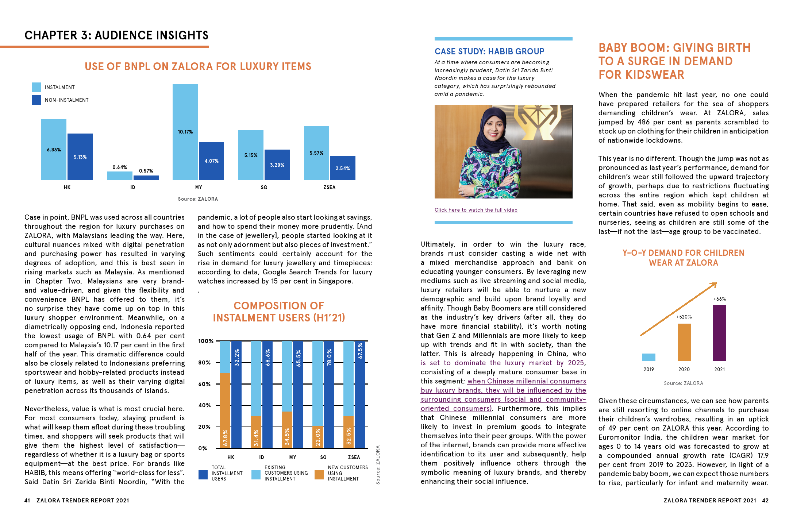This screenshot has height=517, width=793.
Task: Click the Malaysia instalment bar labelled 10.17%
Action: pos(185,132)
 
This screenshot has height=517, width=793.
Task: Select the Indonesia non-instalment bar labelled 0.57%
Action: pos(146,178)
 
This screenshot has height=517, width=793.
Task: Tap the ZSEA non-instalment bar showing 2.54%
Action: pos(343,168)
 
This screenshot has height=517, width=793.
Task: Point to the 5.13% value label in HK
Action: pos(80,157)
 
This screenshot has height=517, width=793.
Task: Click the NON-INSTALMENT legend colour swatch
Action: pos(36,100)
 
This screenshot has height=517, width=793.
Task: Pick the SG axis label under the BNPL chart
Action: pos(264,187)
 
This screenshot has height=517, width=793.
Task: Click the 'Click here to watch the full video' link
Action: pos(476,210)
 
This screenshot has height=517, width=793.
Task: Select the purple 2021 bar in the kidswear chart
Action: pos(719,333)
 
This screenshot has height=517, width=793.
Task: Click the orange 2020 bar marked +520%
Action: pos(684,342)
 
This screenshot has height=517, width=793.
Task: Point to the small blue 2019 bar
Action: pos(648,357)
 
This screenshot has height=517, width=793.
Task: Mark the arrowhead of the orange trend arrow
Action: pos(715,284)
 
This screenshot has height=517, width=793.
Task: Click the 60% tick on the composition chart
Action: pos(204,384)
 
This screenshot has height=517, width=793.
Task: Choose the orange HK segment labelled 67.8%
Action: pos(225,410)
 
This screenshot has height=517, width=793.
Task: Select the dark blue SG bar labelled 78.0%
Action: pos(329,394)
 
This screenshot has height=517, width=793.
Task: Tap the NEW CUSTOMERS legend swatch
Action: pos(319,474)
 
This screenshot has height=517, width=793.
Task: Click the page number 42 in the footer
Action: pos(765,501)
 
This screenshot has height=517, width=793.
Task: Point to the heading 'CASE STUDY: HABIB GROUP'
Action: pos(489,51)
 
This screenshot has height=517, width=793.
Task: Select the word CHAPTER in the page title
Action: pos(51,35)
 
